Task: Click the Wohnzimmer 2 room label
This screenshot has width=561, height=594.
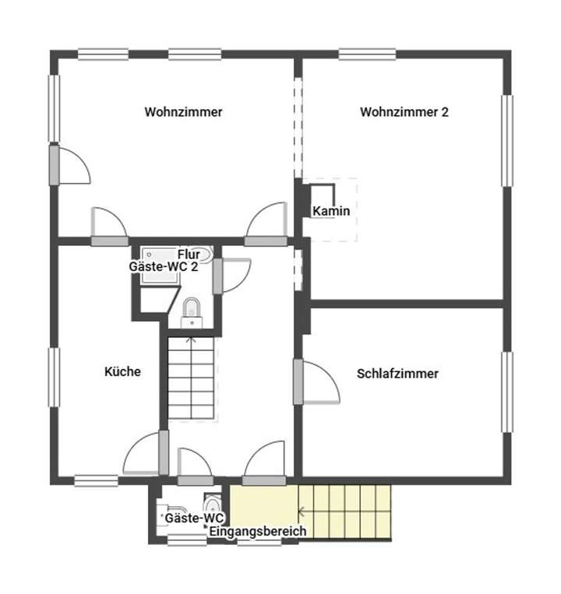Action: coord(404,112)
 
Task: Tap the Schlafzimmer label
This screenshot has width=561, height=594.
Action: coord(397,374)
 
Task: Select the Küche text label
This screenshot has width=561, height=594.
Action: coord(122,372)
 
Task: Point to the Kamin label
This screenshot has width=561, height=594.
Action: coord(331,211)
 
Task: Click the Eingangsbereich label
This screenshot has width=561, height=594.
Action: coord(257,532)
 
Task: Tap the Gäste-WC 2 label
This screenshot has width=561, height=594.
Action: coord(163,266)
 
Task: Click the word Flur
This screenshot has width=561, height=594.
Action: coord(189,255)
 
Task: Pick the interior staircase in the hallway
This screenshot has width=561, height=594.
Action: coord(192,378)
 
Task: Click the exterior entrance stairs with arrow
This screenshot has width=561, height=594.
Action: coord(343,511)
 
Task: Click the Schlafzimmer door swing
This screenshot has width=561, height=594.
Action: coord(319,381)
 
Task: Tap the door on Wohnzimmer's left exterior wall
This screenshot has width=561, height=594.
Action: coord(72,163)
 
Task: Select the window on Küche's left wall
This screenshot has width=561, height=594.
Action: coord(55,377)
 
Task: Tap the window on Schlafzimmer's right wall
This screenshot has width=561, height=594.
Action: coord(507,392)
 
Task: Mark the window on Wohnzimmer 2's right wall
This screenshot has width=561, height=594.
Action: coord(507,140)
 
